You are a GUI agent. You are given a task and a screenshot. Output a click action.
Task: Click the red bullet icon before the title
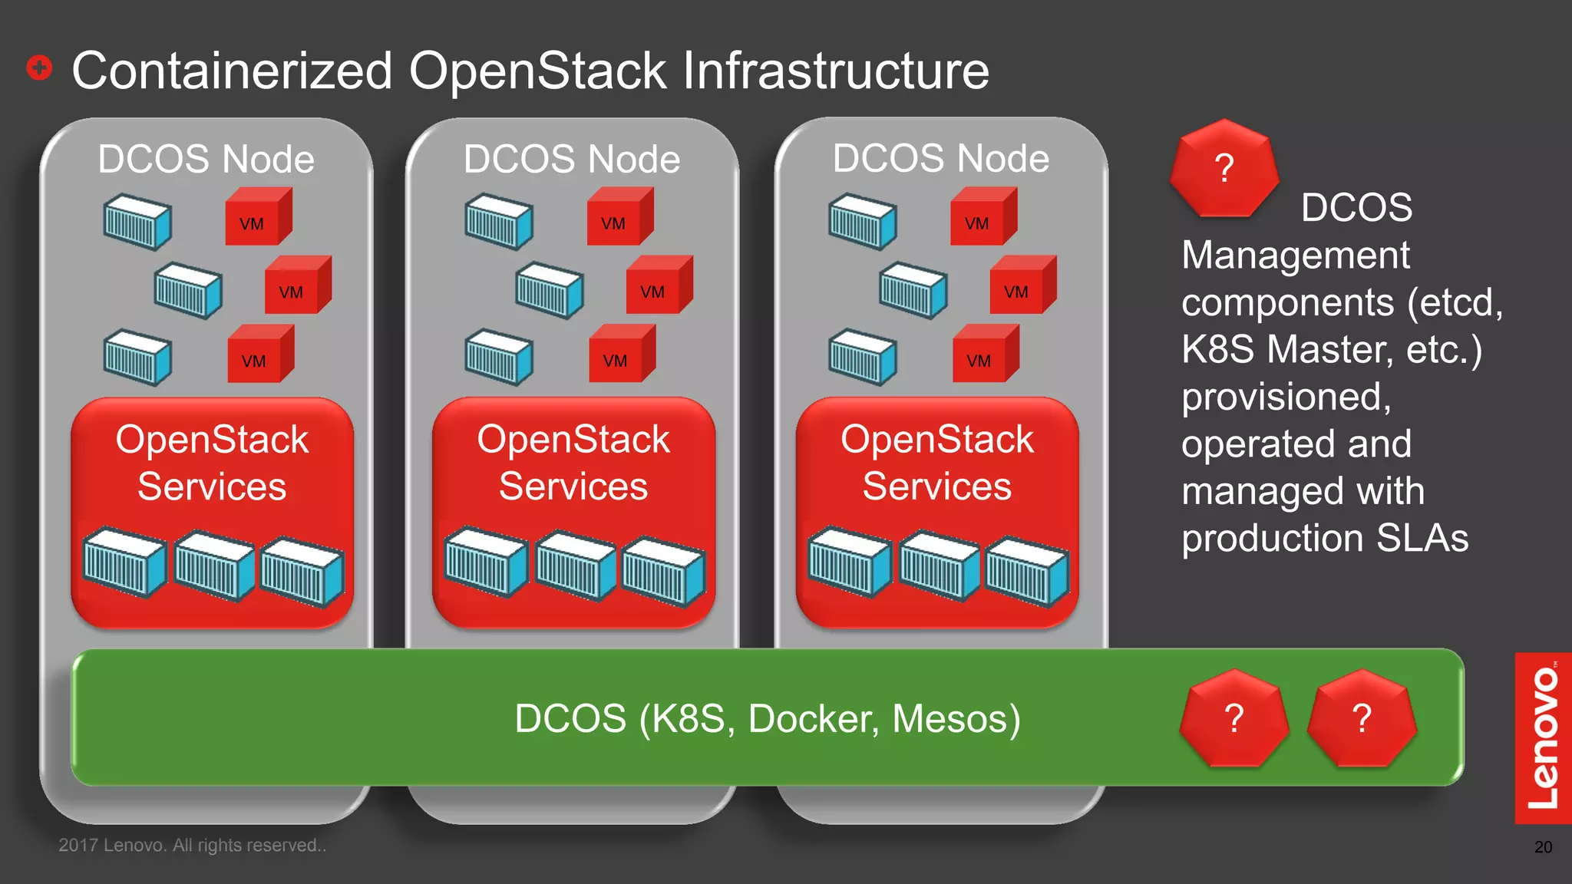tap(39, 68)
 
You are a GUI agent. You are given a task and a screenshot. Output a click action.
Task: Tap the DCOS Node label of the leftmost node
tap(206, 159)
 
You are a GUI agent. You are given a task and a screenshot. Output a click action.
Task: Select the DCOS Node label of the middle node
tap(571, 159)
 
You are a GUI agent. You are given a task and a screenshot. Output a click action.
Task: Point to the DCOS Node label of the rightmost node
tap(940, 158)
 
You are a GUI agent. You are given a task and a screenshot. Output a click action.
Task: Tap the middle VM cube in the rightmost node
tap(1022, 285)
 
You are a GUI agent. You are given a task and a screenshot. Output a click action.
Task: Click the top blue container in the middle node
tap(498, 222)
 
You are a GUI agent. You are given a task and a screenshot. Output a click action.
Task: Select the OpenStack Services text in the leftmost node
tap(212, 463)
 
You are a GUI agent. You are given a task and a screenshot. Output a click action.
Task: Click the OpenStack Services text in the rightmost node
tap(936, 463)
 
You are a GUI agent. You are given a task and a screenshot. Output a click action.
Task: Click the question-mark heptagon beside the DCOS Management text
tap(1224, 168)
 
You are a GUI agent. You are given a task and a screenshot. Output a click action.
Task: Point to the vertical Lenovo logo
tap(1543, 737)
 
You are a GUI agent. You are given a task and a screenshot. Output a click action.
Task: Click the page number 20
tap(1543, 847)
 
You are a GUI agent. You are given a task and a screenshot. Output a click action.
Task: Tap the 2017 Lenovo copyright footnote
tap(192, 845)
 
